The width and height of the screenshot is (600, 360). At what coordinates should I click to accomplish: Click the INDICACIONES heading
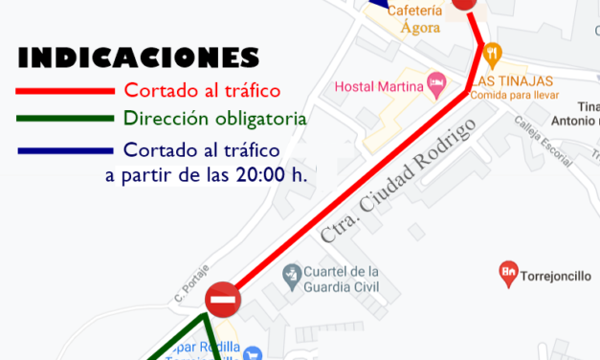pyautogui.click(x=138, y=57)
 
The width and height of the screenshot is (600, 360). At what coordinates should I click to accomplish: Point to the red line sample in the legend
pyautogui.click(x=64, y=92)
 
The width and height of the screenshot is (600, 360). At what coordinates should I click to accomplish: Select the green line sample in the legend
pyautogui.click(x=64, y=121)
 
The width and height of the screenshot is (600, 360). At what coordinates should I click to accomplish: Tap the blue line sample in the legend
pyautogui.click(x=64, y=150)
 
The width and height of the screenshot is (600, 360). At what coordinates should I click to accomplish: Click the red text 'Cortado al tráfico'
pyautogui.click(x=201, y=92)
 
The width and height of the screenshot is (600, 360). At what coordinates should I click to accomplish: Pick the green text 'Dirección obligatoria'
pyautogui.click(x=214, y=120)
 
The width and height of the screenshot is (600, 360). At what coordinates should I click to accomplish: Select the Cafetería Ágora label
pyautogui.click(x=416, y=17)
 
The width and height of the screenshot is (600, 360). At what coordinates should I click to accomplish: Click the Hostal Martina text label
pyautogui.click(x=378, y=87)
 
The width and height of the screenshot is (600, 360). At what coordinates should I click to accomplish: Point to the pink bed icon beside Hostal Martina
pyautogui.click(x=436, y=84)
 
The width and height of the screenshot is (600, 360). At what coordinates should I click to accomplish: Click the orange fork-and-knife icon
pyautogui.click(x=492, y=52)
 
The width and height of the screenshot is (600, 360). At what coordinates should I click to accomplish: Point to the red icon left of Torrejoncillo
pyautogui.click(x=508, y=275)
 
